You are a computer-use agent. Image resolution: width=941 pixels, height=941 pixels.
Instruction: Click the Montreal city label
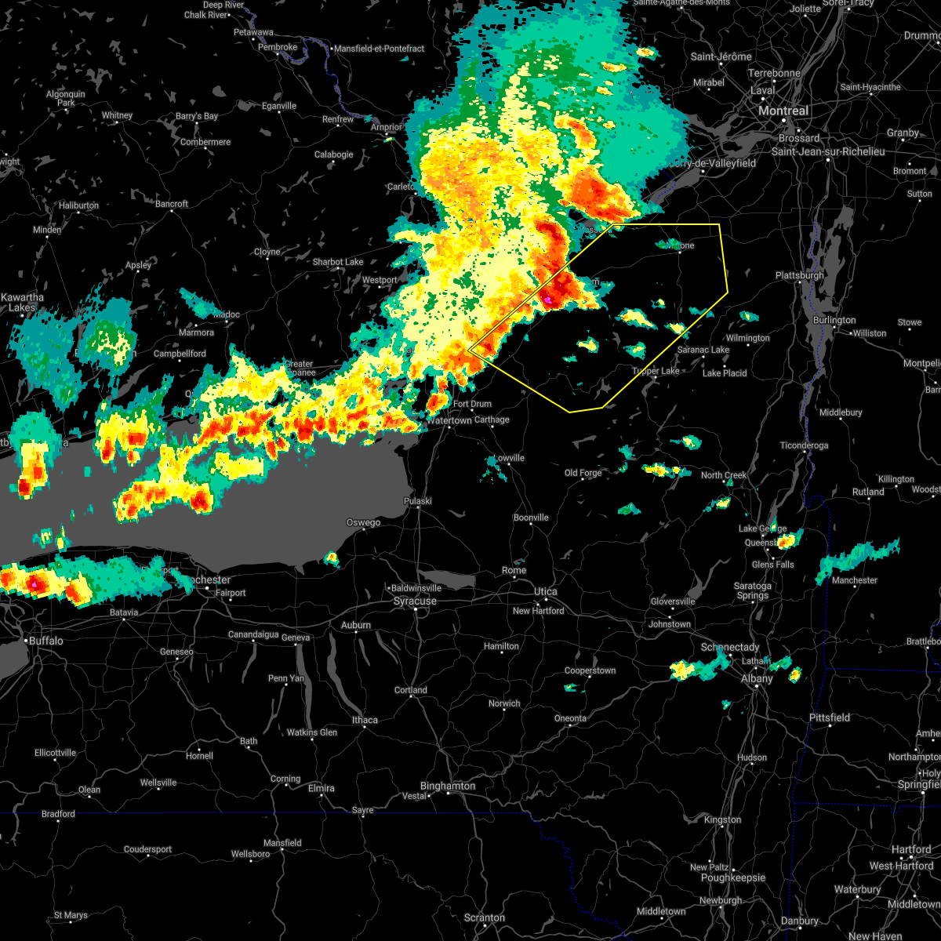coord(783,111)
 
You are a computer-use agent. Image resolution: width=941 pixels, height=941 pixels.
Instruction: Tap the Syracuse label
coord(415,601)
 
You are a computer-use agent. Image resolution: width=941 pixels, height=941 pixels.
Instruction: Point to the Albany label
coord(758,679)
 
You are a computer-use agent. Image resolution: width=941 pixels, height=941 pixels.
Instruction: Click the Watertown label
coord(449,420)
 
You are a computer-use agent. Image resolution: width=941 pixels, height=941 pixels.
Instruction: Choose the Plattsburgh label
coord(799,276)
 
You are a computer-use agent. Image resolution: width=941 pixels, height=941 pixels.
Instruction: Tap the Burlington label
coord(834,320)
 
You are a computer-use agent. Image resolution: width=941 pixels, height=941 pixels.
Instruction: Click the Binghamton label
coord(447,786)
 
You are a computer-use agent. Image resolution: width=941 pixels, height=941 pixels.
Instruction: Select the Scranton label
coord(484,917)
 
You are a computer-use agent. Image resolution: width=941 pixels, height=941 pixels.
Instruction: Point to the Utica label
coord(546,592)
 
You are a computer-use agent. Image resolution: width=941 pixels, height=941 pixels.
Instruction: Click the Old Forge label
coord(583,473)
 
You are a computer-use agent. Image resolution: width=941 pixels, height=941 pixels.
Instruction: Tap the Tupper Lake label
coord(656,371)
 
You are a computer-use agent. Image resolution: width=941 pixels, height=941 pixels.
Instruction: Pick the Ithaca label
coord(365,720)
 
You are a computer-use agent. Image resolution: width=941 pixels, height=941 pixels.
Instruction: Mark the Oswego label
coord(364,523)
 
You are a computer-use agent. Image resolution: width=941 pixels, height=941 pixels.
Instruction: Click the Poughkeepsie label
coord(728,878)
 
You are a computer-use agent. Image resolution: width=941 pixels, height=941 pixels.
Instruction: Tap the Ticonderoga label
coord(804,445)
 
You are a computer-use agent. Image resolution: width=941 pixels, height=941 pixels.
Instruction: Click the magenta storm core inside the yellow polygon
coord(548,300)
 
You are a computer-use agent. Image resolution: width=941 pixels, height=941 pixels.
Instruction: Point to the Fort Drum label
coord(472,405)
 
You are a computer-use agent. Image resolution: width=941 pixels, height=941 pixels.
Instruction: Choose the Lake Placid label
coord(725,373)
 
